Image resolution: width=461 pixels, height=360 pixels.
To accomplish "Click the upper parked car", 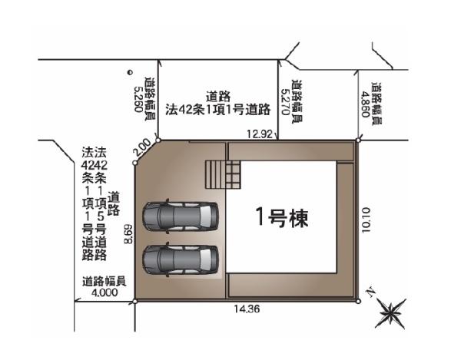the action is point(181,216).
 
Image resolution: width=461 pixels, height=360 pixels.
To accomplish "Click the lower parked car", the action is point(181,259).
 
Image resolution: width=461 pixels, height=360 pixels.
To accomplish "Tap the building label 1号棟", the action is point(282,217).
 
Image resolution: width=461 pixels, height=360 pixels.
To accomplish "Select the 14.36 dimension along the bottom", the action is point(247,309).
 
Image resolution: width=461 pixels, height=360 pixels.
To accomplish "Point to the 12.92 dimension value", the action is point(260,134).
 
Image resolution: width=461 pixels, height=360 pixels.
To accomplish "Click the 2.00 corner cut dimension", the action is point(141,147).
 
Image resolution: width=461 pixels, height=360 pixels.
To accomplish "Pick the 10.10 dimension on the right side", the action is point(366,220).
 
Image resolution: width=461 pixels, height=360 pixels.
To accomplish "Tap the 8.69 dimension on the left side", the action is point(128,234).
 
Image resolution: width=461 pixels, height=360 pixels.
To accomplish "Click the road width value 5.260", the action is point(138,99).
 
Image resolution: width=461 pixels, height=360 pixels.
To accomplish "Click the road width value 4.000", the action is point(104,292).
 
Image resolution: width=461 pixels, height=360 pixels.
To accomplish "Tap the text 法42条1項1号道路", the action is point(218,110).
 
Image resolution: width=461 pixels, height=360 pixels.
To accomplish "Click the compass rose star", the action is point(391,314).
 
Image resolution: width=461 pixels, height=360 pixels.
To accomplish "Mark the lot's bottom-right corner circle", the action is point(358,301).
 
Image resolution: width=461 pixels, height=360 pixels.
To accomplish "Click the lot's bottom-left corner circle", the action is point(135,301).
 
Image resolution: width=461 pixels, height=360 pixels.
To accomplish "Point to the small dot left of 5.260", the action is point(129,72).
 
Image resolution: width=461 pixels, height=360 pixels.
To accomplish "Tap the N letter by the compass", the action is point(370,292).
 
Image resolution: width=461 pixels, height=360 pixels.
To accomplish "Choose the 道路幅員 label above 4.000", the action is point(104,281).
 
